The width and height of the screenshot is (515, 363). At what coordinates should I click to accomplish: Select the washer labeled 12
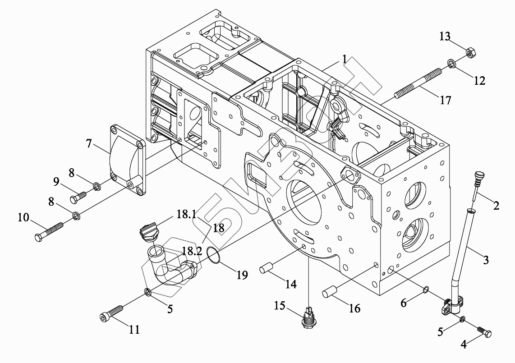tap(452, 63)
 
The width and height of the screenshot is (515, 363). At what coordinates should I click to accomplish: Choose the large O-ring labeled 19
tap(214, 255)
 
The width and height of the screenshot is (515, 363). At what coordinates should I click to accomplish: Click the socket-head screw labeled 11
tap(111, 314)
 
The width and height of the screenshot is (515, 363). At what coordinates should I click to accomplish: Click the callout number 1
tap(344, 59)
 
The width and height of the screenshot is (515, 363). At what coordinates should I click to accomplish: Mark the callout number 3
tap(485, 260)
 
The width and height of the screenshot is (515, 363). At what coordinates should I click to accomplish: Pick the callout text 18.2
tap(192, 252)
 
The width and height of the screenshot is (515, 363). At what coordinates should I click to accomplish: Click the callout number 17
tap(445, 100)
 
